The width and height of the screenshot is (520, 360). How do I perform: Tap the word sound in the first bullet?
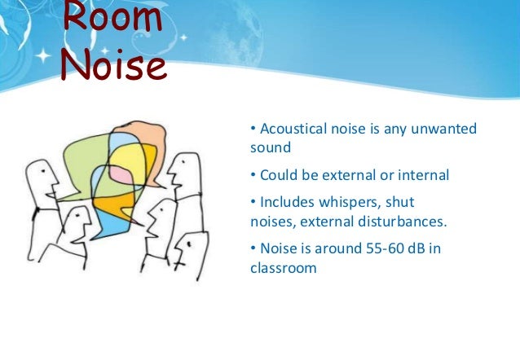click(270, 148)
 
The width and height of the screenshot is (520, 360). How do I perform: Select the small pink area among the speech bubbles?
click(119, 173)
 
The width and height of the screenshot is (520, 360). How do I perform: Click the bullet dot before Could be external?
click(253, 176)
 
